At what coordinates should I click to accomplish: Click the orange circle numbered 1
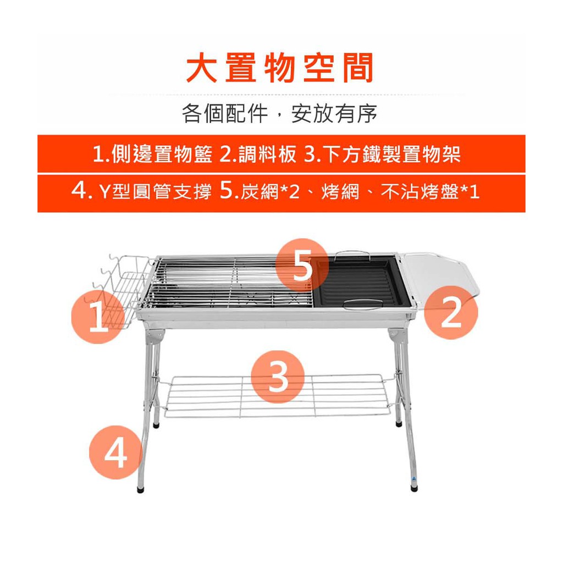tap(98, 317)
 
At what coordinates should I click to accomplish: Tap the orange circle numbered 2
tap(451, 312)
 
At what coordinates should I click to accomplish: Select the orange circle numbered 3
tap(278, 377)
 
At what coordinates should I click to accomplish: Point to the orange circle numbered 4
tap(115, 452)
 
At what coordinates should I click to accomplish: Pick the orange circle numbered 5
tap(302, 264)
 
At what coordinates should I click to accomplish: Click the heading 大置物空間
tap(280, 68)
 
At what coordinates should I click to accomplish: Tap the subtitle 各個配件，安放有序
tap(279, 113)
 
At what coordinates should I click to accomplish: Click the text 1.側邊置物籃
tap(152, 154)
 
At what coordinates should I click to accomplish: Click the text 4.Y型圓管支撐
tap(141, 191)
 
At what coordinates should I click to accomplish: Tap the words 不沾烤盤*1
tap(430, 191)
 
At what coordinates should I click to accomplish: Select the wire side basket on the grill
tap(122, 287)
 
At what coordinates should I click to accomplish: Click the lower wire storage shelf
tap(277, 396)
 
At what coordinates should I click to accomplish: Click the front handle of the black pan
tap(363, 304)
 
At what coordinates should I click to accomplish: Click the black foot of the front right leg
tap(414, 488)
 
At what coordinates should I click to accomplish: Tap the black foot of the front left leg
tap(140, 489)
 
